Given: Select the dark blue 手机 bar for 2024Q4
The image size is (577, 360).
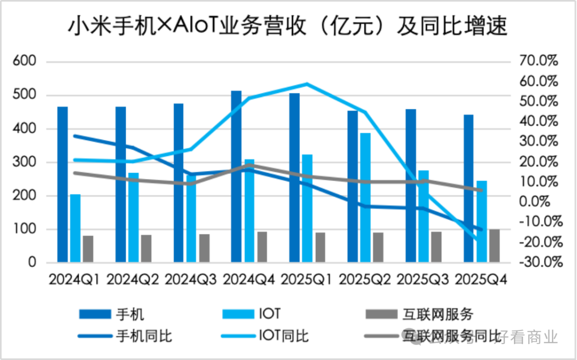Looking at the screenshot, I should tap(236, 176).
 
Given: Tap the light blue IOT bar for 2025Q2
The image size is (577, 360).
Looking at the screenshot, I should tap(365, 197).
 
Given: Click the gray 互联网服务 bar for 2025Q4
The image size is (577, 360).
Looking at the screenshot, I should tap(494, 246).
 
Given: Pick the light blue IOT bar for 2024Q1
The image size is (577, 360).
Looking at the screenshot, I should tap(75, 228).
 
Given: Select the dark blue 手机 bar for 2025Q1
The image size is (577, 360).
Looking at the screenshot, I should tap(294, 177).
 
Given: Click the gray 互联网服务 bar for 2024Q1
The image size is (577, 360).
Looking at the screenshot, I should tap(88, 249).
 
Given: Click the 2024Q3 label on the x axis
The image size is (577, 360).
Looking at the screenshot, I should tap(191, 279).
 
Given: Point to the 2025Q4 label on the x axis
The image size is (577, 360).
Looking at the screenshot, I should tap(480, 279).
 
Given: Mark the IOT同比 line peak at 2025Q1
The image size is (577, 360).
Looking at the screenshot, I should tap(307, 84).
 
